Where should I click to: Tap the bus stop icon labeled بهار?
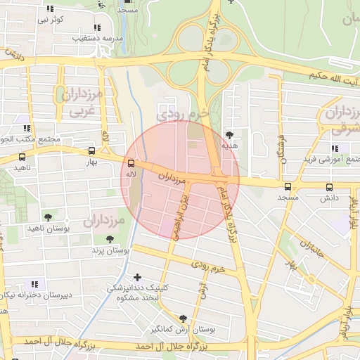92,150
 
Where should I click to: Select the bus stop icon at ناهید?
22,157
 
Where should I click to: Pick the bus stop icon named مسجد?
287,187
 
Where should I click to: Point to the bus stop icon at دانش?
329,187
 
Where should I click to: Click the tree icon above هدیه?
230,134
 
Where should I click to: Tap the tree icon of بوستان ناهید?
47,217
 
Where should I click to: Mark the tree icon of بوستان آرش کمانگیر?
184,318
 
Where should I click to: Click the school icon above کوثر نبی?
49,9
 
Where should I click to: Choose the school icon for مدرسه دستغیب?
97,27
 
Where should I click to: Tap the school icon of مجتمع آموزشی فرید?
335,148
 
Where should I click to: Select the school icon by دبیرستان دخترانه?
35,283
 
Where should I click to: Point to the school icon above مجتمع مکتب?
26,128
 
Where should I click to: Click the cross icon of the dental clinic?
136,277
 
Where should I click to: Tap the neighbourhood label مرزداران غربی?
81,101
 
